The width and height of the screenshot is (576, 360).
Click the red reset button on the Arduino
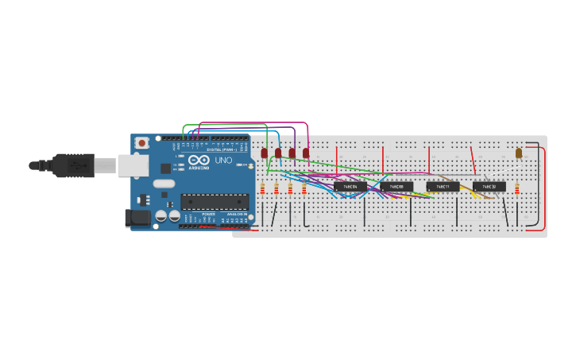141,143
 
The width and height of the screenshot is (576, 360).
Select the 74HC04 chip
350,187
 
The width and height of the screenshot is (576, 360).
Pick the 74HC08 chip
396,187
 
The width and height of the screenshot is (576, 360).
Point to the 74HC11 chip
443,187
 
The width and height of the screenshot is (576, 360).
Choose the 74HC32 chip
489,187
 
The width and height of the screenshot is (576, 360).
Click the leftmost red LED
265,153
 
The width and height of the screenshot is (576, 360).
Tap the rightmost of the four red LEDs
306,153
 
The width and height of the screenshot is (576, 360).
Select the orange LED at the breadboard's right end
519,153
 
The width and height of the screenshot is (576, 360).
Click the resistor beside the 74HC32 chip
516,188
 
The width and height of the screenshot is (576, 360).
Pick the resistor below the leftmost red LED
262,188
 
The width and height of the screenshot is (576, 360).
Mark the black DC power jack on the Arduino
137,217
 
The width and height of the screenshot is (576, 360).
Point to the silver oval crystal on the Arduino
164,184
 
